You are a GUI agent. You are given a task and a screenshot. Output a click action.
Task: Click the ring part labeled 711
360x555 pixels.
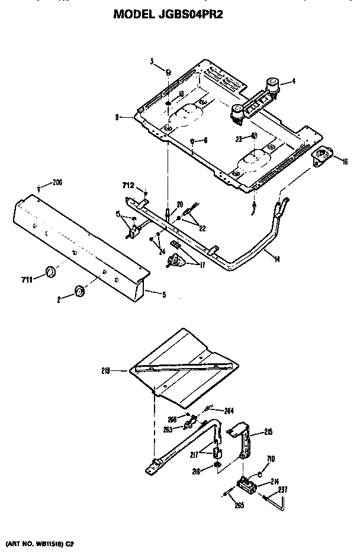coord(50,272)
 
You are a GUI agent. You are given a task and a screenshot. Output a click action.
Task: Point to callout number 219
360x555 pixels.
coord(122,371)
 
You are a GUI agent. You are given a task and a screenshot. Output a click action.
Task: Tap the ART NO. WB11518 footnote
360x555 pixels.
coord(40,542)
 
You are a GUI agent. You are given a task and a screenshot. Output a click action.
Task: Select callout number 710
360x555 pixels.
coord(271,459)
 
